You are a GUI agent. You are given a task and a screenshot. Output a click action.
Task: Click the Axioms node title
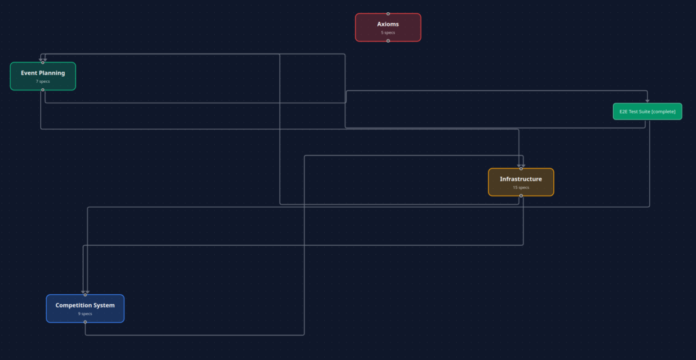[387, 24]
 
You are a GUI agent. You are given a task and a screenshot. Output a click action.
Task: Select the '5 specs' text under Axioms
[387, 33]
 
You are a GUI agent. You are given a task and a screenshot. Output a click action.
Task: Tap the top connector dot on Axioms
[388, 14]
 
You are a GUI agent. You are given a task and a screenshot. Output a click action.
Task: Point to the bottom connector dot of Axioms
[388, 41]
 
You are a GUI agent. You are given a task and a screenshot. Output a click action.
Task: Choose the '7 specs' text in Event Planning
[43, 82]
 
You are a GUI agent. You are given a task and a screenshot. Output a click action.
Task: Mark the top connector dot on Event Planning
[43, 62]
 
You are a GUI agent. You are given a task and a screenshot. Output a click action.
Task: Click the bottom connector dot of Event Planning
[43, 90]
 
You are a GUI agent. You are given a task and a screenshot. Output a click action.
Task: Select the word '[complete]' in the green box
[663, 111]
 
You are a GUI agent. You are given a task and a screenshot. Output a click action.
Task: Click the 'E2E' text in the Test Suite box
[624, 111]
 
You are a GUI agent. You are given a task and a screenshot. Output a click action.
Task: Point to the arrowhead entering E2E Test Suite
[647, 101]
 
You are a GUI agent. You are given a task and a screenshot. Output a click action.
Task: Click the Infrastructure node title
[521, 179]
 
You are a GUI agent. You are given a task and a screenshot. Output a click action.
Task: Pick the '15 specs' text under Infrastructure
[521, 187]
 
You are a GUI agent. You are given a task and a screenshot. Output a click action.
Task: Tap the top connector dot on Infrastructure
[521, 168]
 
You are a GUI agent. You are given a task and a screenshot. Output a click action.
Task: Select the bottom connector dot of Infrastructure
[521, 196]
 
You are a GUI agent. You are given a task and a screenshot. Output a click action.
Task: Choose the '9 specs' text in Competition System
[85, 314]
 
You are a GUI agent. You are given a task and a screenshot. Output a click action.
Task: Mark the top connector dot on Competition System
[85, 295]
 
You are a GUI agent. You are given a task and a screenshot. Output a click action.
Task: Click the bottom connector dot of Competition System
[85, 322]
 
